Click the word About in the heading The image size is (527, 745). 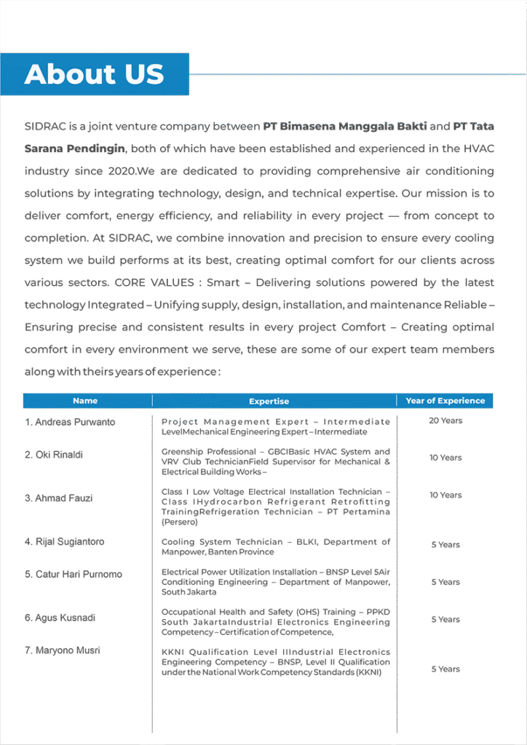pyautogui.click(x=70, y=74)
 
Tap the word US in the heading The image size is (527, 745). pyautogui.click(x=143, y=74)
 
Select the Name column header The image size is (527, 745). pyautogui.click(x=85, y=401)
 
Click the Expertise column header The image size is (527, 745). pyautogui.click(x=269, y=401)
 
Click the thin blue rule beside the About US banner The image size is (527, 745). pyautogui.click(x=349, y=74)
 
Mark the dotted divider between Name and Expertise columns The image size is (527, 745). pyautogui.click(x=152, y=567)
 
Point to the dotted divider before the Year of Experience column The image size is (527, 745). pyautogui.click(x=397, y=567)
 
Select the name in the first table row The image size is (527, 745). pyautogui.click(x=70, y=421)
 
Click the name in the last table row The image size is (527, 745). pyautogui.click(x=63, y=651)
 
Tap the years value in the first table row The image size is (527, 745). pyautogui.click(x=445, y=421)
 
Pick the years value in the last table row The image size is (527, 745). pyautogui.click(x=445, y=666)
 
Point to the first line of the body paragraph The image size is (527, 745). pyautogui.click(x=258, y=125)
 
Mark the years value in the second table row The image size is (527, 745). pyautogui.click(x=445, y=458)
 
